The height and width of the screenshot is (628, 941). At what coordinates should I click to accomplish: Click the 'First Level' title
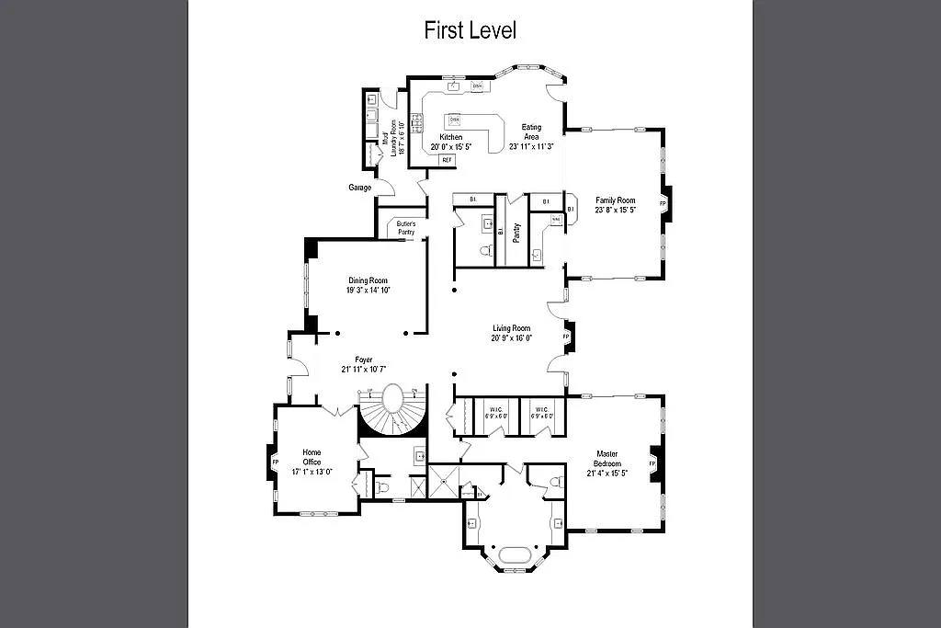click(470, 29)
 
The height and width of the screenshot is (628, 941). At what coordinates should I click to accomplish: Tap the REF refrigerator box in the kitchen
click(448, 160)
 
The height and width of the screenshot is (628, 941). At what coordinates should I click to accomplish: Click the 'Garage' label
click(359, 188)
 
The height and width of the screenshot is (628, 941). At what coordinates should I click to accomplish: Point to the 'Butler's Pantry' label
click(406, 228)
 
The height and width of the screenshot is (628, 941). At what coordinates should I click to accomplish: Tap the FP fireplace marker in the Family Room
click(663, 201)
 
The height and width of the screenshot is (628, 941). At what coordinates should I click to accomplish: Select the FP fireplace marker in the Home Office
click(274, 462)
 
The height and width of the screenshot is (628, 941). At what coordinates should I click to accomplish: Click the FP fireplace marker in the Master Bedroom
click(652, 463)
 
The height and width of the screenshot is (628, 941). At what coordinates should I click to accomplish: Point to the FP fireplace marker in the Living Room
click(567, 337)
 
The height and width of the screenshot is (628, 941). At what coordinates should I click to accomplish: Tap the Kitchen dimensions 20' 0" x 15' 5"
click(451, 146)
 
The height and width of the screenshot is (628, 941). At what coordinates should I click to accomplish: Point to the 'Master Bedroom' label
click(607, 459)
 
